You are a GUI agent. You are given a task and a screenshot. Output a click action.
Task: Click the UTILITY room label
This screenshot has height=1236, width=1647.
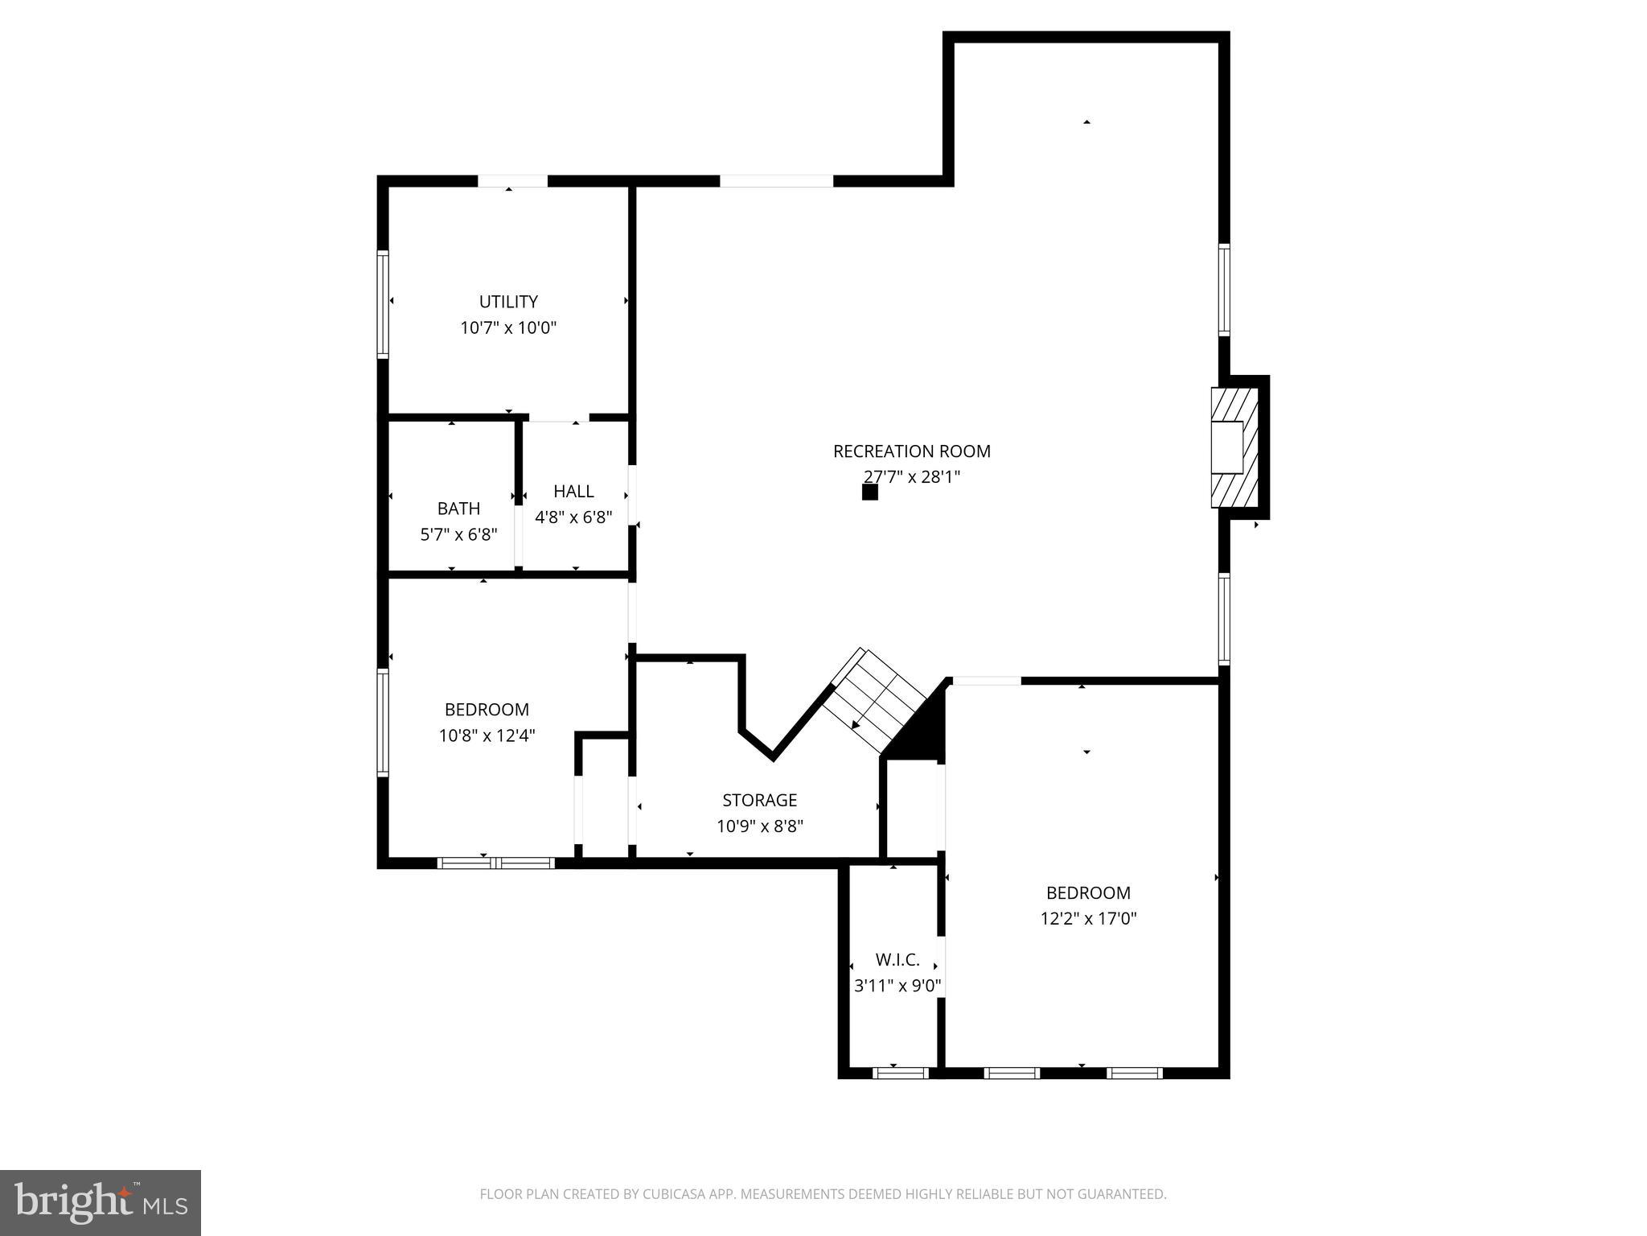coord(508,302)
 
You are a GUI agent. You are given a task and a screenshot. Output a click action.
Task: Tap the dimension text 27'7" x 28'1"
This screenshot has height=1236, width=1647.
coord(912,477)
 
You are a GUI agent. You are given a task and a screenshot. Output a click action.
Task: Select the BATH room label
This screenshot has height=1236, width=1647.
coord(458,509)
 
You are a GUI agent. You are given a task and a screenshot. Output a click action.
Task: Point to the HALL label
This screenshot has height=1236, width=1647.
coord(573,491)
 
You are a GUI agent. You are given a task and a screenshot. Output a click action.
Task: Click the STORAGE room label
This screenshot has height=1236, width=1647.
coord(759,800)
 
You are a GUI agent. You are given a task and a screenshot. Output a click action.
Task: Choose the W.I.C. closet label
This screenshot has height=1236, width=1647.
coord(897,960)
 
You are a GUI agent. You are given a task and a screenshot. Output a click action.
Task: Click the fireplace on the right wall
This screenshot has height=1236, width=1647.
coord(1234,447)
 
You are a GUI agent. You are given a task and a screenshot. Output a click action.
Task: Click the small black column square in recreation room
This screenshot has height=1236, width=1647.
coord(869,492)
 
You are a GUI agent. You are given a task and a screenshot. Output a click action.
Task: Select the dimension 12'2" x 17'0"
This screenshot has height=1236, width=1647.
coord(1088,918)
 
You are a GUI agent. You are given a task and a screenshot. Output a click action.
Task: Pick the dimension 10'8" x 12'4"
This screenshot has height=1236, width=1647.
coord(487,735)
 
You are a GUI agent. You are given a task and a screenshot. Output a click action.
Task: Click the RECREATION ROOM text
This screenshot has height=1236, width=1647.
coord(911,451)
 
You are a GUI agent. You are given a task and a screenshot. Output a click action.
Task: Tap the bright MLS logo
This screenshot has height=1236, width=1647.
coord(100,1203)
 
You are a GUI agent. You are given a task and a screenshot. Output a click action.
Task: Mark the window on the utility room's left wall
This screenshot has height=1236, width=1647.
coord(384,303)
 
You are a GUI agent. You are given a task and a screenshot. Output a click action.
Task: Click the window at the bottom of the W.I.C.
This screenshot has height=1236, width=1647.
coord(900,1073)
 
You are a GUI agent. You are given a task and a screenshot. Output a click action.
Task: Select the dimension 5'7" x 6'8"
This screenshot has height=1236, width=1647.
coord(458,534)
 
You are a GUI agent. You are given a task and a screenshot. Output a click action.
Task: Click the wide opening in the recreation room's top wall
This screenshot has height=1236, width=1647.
coord(776,181)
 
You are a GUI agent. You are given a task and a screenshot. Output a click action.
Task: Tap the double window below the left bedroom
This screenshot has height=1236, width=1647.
coord(496,863)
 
